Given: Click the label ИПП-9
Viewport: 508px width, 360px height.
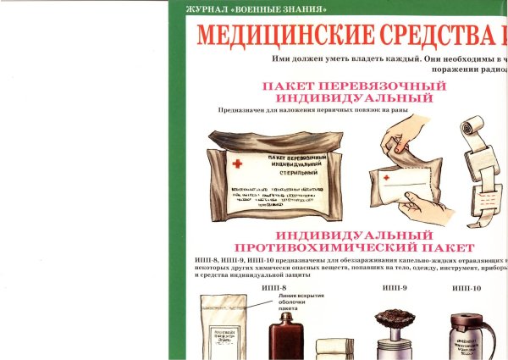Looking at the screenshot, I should [x=395, y=288].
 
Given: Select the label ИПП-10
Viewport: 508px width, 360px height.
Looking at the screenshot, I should [x=467, y=288].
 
